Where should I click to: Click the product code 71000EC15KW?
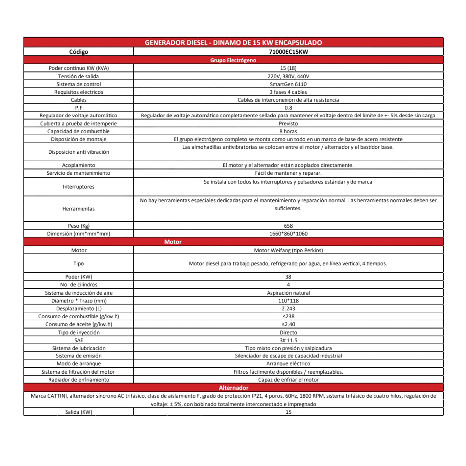pyautogui.click(x=288, y=52)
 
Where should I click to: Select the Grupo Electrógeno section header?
pyautogui.click(x=233, y=60)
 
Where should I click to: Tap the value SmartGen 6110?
pyautogui.click(x=288, y=84)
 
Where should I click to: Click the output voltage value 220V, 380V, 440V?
pyautogui.click(x=288, y=76)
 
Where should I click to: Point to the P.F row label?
pyautogui.click(x=79, y=108)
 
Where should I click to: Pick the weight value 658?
pyautogui.click(x=288, y=226)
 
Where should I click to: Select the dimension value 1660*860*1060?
pyautogui.click(x=288, y=234)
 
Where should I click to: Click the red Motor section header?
pyautogui.click(x=173, y=242)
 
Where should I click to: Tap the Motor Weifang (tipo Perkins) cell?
pyautogui.click(x=288, y=250)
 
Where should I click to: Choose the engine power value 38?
pyautogui.click(x=288, y=277)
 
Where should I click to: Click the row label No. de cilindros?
pyautogui.click(x=79, y=285)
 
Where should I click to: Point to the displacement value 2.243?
pyautogui.click(x=288, y=309)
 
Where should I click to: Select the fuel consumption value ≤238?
pyautogui.click(x=288, y=316)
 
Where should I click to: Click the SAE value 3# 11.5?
pyautogui.click(x=288, y=340)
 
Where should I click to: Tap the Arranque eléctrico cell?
pyautogui.click(x=288, y=364)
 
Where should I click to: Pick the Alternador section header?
pyautogui.click(x=233, y=388)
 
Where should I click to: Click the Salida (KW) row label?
pyautogui.click(x=79, y=412)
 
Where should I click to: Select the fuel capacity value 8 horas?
pyautogui.click(x=288, y=131)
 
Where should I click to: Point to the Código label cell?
pyautogui.click(x=79, y=52)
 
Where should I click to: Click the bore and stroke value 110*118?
pyautogui.click(x=288, y=301)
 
